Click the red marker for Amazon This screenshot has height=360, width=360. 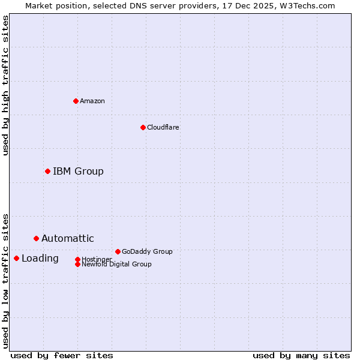click(x=76, y=101)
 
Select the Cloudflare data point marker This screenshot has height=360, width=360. click(x=143, y=127)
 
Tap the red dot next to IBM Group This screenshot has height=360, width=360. click(x=47, y=171)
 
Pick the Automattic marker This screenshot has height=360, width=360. click(x=36, y=238)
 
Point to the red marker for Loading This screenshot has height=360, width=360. click(x=16, y=258)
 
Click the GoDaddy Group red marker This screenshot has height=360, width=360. click(x=118, y=251)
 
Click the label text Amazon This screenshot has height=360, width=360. click(x=92, y=101)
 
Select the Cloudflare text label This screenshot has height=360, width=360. click(x=163, y=127)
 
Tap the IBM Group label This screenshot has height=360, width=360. click(x=78, y=171)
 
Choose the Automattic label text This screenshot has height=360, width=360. click(x=67, y=238)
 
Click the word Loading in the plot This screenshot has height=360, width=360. click(x=40, y=258)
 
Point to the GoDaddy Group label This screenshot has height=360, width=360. click(x=146, y=251)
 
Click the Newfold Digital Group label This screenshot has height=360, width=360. click(x=116, y=264)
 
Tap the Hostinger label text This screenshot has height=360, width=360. click(x=97, y=259)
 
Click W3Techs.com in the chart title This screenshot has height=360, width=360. click(x=306, y=5)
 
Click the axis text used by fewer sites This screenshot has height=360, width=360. click(x=62, y=355)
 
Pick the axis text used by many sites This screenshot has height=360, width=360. click(x=301, y=355)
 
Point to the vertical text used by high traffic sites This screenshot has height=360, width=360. click(x=5, y=85)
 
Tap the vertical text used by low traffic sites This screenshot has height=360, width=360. click(x=5, y=280)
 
